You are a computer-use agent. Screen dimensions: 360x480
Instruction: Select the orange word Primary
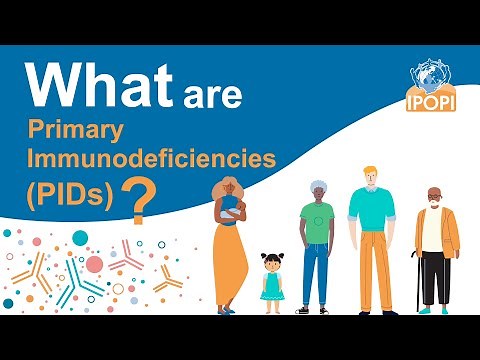click(91, 130)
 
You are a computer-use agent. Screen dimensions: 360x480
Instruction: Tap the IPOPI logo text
click(433, 103)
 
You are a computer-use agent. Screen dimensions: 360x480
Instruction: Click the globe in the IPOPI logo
click(433, 80)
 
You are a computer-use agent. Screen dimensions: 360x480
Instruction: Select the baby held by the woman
click(232, 210)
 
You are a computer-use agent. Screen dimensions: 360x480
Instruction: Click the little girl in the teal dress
click(271, 283)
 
